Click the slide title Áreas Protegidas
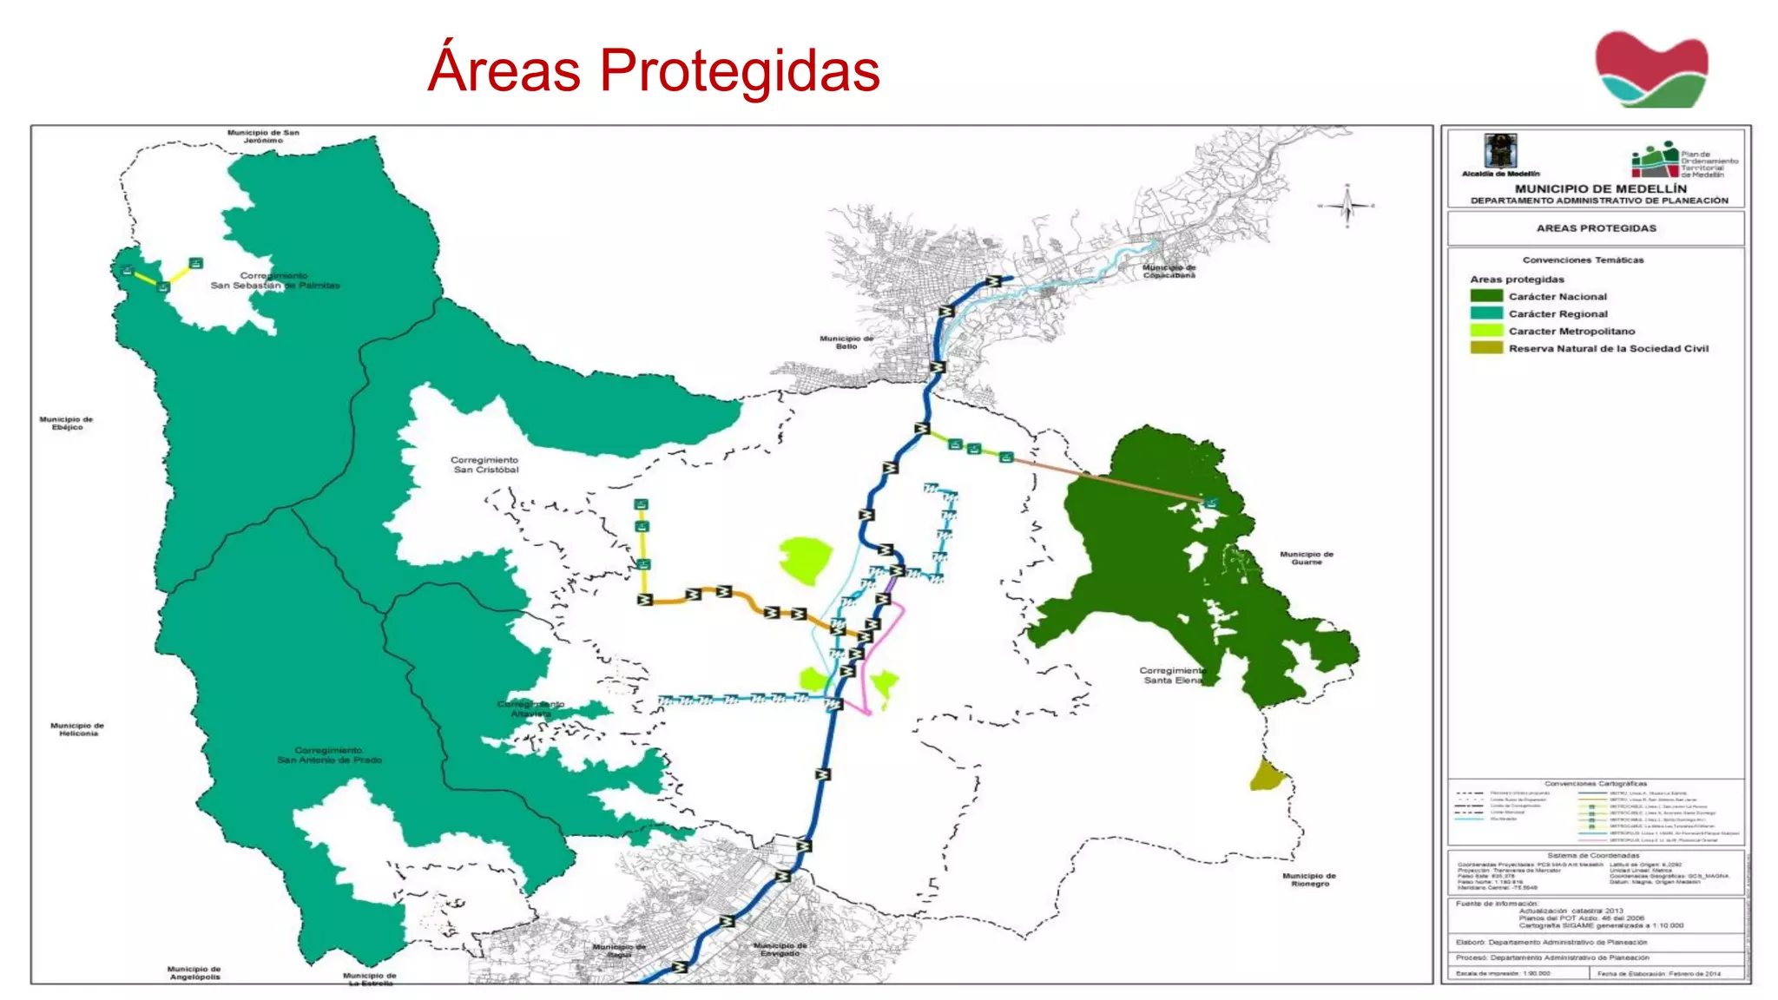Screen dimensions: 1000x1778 point(653,69)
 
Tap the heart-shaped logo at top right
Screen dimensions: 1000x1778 point(1651,69)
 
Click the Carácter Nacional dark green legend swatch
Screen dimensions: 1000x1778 point(1486,296)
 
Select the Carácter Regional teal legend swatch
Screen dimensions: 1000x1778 point(1486,313)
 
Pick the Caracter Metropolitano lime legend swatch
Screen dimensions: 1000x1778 point(1486,331)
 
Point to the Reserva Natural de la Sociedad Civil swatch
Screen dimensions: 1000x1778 point(1486,348)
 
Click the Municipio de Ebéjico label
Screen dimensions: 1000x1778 point(66,423)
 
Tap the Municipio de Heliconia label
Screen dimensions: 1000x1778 point(77,729)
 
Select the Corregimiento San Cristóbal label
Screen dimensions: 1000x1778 point(484,464)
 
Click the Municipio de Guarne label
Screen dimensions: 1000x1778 point(1306,557)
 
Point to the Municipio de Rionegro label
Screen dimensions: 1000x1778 point(1309,879)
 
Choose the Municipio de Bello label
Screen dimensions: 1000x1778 point(846,342)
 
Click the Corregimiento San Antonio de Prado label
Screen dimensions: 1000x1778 point(329,754)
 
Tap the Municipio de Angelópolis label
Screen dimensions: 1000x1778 point(194,972)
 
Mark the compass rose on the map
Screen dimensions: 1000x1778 point(1347,206)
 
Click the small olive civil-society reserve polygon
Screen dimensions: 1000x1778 point(1268,774)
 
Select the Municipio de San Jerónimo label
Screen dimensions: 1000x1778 point(263,136)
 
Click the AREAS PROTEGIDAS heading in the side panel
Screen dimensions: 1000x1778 point(1596,228)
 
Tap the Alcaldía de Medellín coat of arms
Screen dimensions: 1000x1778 point(1500,151)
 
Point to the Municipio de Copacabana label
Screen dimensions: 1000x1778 point(1169,271)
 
